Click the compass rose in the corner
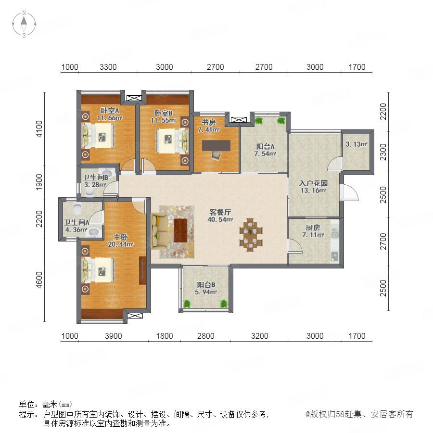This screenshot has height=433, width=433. [x=24, y=24]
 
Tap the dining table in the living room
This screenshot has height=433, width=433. [x=251, y=235]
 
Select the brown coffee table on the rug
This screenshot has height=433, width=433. [x=180, y=230]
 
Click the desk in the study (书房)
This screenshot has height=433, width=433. [x=216, y=145]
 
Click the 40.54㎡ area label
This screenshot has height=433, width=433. [x=220, y=219]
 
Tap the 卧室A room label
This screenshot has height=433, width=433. [x=110, y=111]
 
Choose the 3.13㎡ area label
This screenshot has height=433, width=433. [x=357, y=144]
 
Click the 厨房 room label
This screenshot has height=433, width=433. [x=313, y=228]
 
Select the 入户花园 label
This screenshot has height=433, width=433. [x=313, y=183]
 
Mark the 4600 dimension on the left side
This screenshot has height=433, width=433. [x=39, y=280]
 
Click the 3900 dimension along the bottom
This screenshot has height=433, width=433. [x=113, y=336]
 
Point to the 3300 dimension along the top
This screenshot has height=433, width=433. [x=108, y=67]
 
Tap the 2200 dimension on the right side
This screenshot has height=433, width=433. [x=383, y=112]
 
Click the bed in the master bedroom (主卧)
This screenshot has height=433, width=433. [x=97, y=270]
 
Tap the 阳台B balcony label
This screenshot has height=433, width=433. [x=206, y=285]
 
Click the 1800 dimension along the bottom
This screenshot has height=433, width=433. [x=165, y=336]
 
